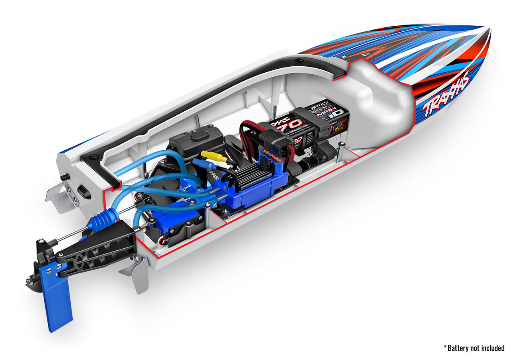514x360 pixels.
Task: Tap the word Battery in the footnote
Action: click(x=460, y=348)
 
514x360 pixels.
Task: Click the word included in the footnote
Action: click(x=492, y=348)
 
